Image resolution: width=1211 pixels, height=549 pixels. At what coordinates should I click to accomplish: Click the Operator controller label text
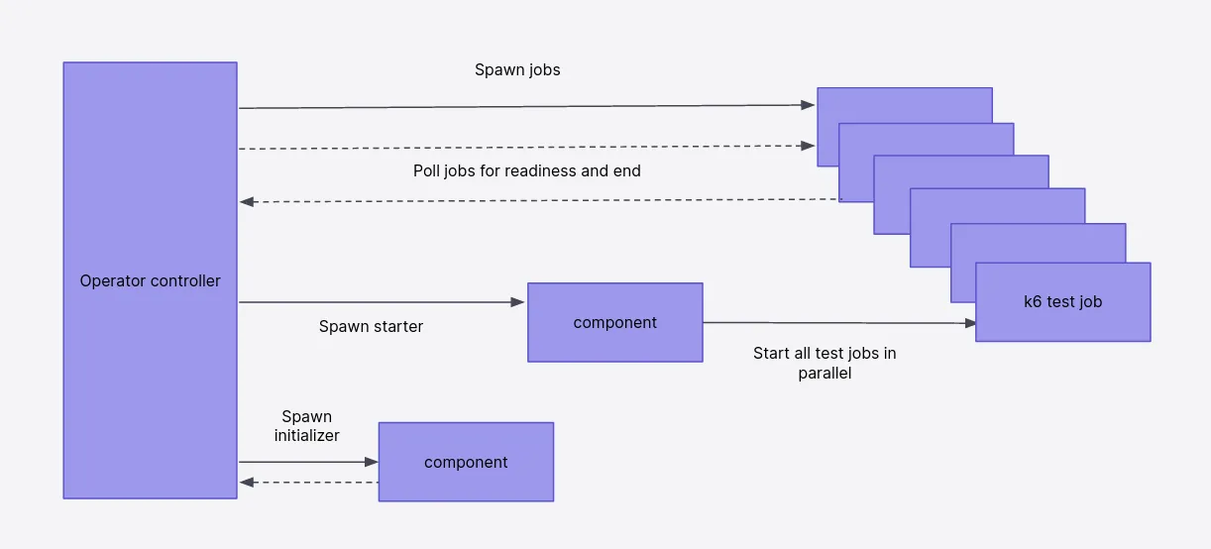150,281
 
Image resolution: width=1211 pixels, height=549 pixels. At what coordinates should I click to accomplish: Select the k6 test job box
1063,302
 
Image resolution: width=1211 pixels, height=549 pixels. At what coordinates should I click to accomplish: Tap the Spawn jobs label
517,70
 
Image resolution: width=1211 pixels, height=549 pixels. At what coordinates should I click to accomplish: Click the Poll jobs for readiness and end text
526,170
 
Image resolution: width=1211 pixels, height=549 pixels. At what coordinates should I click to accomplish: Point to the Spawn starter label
371,326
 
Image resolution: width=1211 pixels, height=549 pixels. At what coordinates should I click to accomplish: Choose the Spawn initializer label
306,426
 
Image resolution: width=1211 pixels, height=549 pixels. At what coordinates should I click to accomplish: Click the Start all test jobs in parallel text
825,363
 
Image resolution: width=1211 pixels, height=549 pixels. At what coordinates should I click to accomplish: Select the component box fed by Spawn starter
615,323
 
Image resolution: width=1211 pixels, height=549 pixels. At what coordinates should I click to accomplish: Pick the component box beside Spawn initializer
466,462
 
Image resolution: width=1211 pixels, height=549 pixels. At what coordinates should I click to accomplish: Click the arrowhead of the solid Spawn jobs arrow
809,105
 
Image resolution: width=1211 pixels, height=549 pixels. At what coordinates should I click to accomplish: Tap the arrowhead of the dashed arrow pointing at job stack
809,146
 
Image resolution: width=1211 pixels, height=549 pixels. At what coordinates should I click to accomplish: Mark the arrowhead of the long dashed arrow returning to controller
247,201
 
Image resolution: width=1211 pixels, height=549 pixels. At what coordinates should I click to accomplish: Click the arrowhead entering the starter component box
517,302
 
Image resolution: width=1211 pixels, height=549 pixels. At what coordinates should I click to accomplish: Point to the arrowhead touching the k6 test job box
970,323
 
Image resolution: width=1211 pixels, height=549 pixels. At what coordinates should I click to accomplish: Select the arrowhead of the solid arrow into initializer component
371,462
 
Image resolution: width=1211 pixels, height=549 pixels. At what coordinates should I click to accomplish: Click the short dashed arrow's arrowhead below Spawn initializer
247,482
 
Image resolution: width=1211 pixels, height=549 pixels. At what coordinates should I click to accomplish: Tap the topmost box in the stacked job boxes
905,105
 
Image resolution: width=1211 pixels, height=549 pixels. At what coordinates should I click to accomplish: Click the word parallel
825,374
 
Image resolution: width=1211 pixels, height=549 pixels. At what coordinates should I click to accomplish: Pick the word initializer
306,435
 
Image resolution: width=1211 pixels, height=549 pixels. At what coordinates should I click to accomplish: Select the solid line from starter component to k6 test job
839,323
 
